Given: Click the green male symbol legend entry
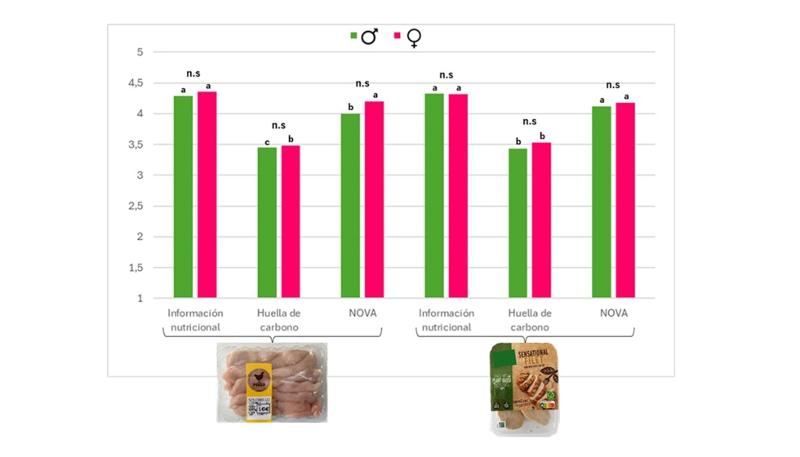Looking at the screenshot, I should point(364,36).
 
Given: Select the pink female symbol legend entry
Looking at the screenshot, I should point(407,37).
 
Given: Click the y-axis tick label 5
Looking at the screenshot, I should point(140,52).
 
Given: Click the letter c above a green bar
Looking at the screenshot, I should point(267,141).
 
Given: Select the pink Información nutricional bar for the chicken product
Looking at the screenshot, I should point(207,195).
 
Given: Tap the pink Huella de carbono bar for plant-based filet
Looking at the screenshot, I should point(541,220).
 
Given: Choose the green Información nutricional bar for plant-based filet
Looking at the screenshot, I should point(434,196).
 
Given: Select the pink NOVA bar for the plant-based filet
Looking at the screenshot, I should point(624,201).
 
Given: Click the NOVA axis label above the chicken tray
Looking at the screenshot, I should point(361,313).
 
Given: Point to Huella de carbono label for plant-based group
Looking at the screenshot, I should point(530,320).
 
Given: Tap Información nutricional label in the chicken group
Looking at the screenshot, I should point(195,320).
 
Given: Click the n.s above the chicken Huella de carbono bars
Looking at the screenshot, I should point(278,126).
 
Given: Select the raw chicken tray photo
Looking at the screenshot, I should point(272,382).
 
